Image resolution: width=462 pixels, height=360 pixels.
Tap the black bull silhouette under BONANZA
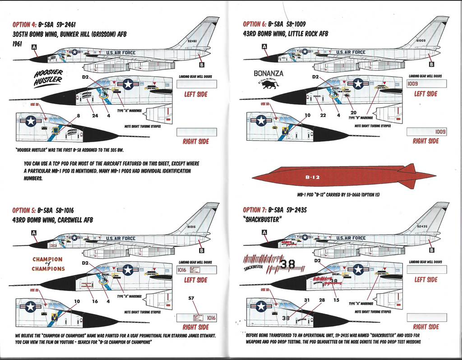tap(269, 84)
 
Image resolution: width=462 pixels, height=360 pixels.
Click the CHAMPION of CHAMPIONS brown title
tap(48, 264)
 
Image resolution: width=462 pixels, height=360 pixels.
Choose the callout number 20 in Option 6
tap(353, 112)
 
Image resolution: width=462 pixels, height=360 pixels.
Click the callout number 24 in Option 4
tap(95, 115)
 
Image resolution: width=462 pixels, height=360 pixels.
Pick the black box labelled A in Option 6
tap(264, 46)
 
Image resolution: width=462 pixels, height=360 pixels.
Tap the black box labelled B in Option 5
tap(201, 250)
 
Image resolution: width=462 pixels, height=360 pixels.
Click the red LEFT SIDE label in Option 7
tap(426, 280)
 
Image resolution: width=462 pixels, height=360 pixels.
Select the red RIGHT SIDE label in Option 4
tap(196, 141)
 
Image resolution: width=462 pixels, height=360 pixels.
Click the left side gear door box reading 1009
tap(426, 83)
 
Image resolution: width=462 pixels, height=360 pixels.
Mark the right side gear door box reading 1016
tap(197, 318)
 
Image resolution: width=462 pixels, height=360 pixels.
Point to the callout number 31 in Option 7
tap(307, 300)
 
